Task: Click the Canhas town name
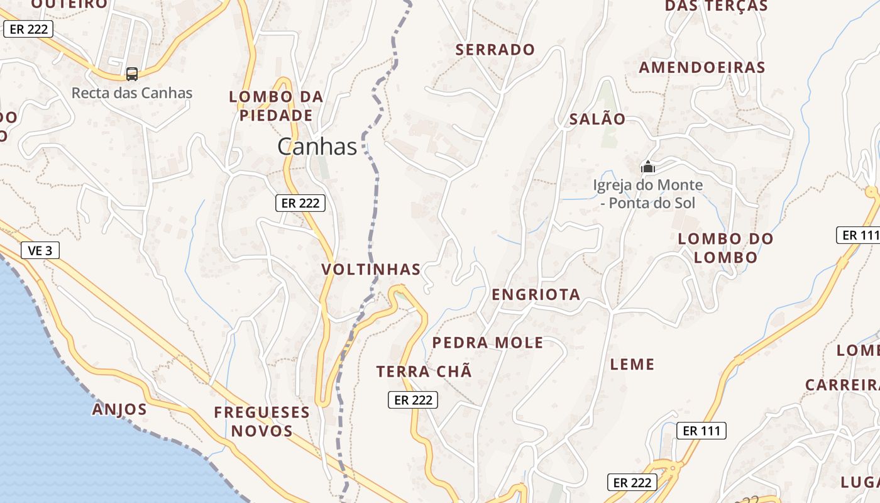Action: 317,146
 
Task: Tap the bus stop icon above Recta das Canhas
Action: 132,74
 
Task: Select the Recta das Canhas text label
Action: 132,93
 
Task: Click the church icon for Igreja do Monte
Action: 647,167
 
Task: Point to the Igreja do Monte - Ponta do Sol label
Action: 648,194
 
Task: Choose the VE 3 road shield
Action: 40,250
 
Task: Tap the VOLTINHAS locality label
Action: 371,269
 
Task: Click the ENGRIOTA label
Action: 536,294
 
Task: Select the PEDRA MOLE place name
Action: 488,343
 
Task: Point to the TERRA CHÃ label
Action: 424,372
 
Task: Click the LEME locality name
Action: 632,364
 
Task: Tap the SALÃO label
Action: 597,119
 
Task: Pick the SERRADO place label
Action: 495,50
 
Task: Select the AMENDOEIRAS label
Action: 701,67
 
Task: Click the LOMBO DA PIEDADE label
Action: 276,106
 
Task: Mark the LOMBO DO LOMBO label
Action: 725,248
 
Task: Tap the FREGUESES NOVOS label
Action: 261,421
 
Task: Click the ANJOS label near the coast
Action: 119,409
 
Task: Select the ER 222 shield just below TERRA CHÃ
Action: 412,399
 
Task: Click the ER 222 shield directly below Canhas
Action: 300,202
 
